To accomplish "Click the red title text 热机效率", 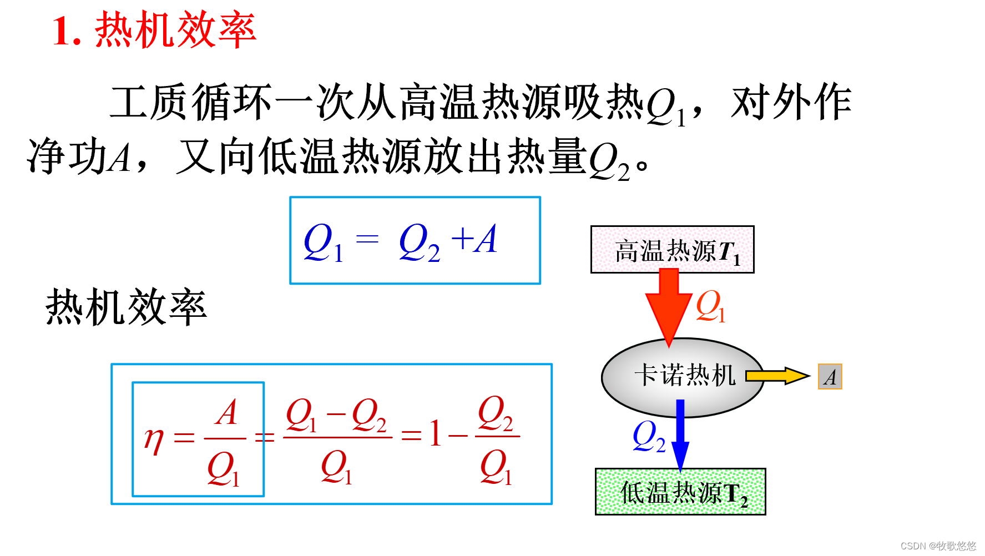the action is pyautogui.click(x=175, y=30).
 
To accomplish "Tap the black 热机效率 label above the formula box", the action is pyautogui.click(x=126, y=307).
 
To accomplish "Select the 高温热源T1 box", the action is pyautogui.click(x=672, y=250).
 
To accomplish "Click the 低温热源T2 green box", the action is pyautogui.click(x=680, y=492).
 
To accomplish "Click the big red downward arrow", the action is pyautogui.click(x=669, y=305).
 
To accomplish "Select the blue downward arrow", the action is pyautogui.click(x=680, y=436).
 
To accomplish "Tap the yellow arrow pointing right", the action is pyautogui.click(x=777, y=376).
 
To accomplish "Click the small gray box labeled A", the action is pyautogui.click(x=830, y=377).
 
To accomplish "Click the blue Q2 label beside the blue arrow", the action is pyautogui.click(x=648, y=437).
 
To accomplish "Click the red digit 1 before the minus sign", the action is pyautogui.click(x=436, y=434).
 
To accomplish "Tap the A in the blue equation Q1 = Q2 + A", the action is pyautogui.click(x=487, y=240).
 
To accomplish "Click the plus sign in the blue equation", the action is pyautogui.click(x=462, y=240).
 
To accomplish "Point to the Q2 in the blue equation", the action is pyautogui.click(x=419, y=242).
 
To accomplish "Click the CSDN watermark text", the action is pyautogui.click(x=937, y=546).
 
